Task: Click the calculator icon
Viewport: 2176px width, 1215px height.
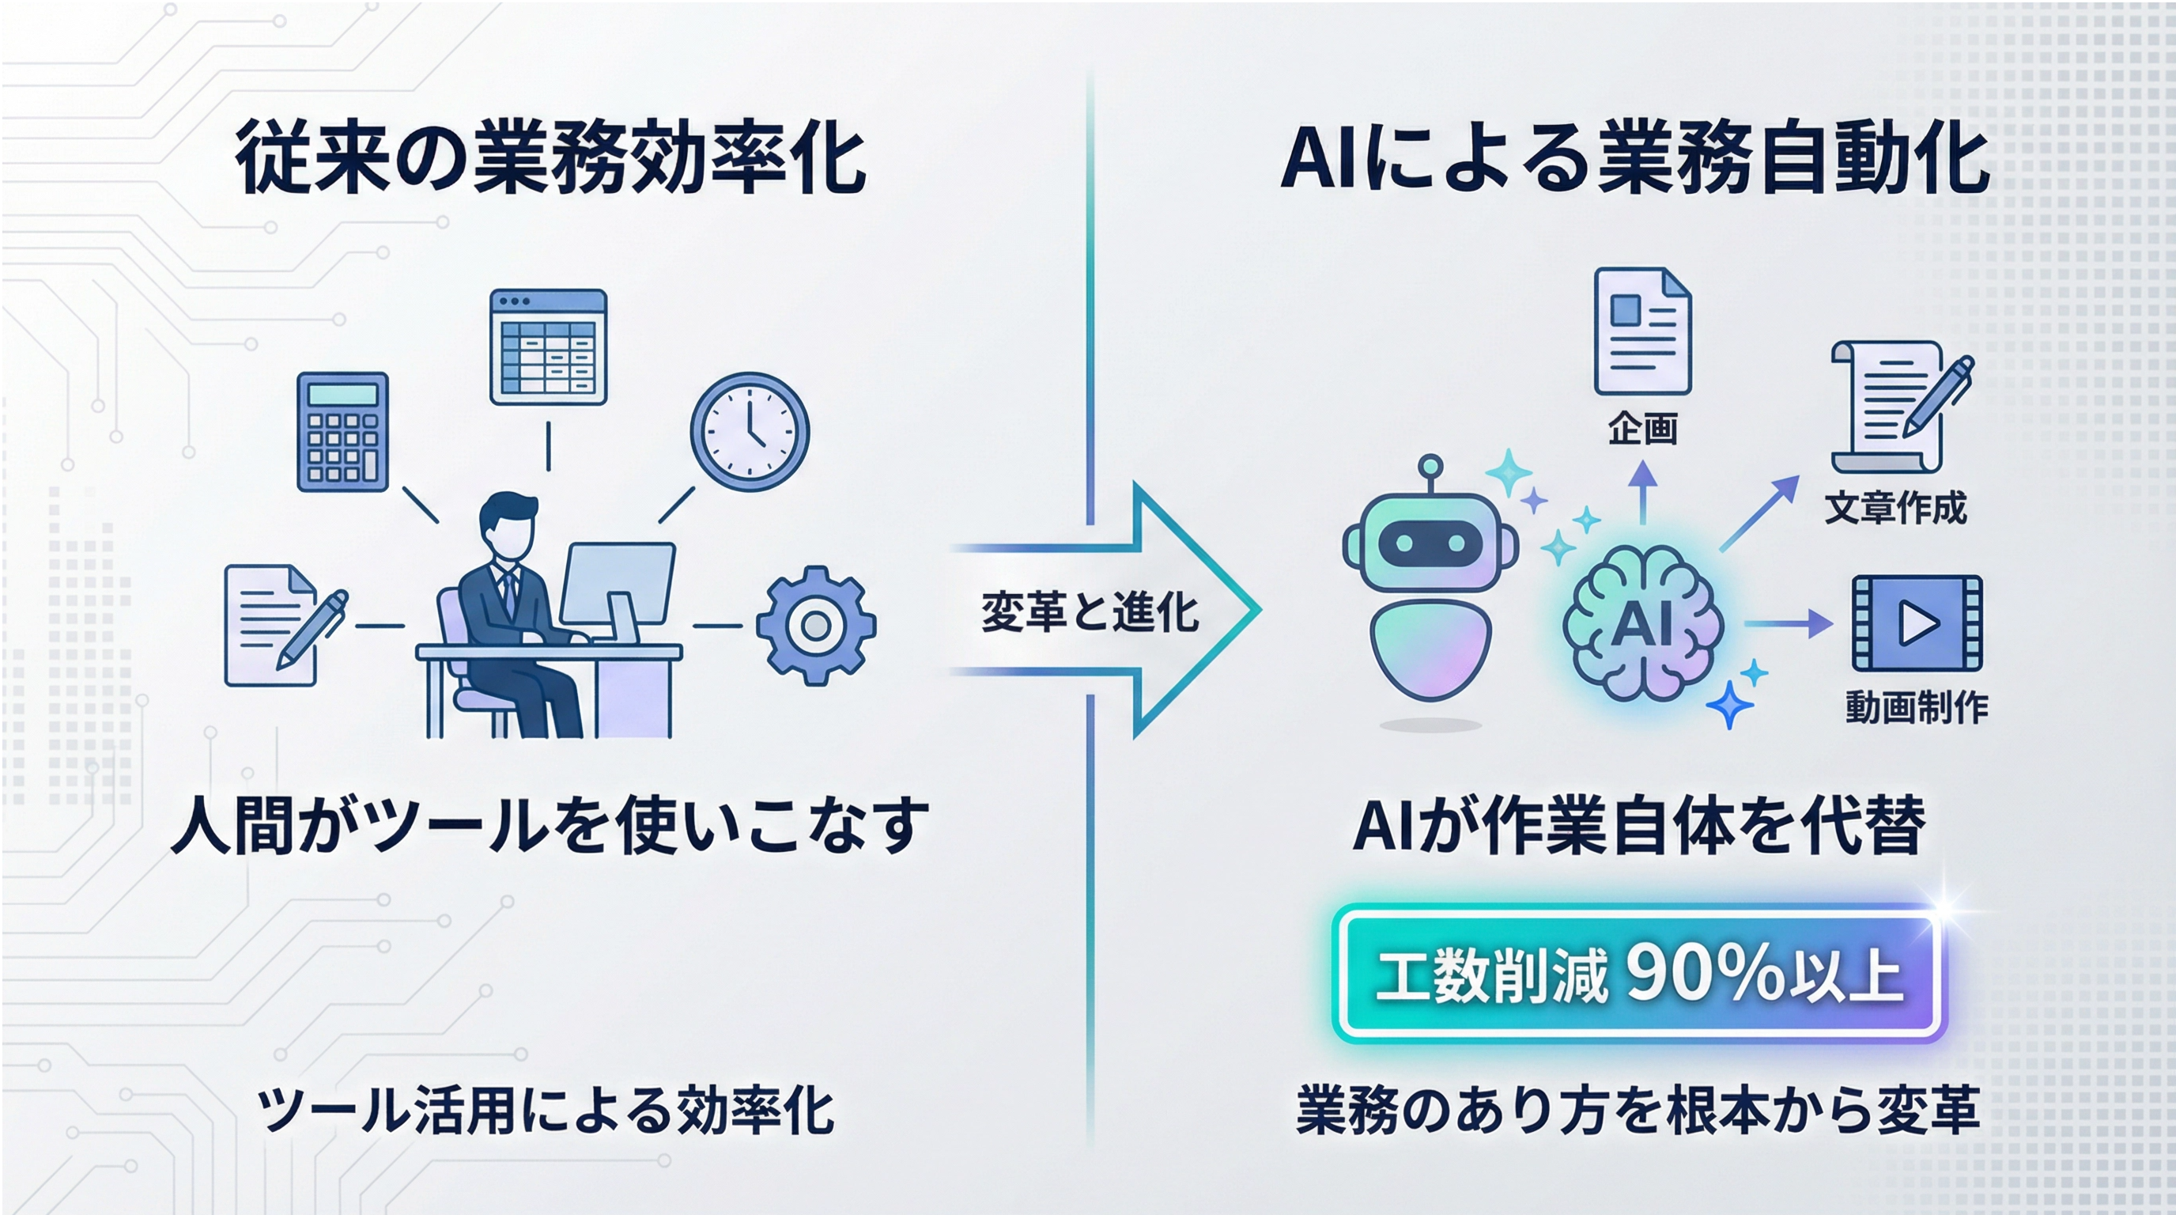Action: click(343, 431)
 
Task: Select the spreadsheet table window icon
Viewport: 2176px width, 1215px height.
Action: click(548, 346)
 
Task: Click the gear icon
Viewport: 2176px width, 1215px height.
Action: click(815, 625)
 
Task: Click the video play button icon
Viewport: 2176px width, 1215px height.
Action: click(1917, 623)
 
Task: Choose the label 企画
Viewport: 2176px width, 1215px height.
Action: click(1642, 430)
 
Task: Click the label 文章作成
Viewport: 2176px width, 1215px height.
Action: click(1895, 508)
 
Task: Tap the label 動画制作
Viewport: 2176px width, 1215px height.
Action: click(1916, 706)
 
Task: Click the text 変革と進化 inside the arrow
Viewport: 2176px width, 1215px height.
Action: click(1090, 611)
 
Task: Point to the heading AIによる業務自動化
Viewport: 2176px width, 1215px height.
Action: click(1634, 158)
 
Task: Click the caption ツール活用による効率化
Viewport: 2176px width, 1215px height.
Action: click(546, 1111)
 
